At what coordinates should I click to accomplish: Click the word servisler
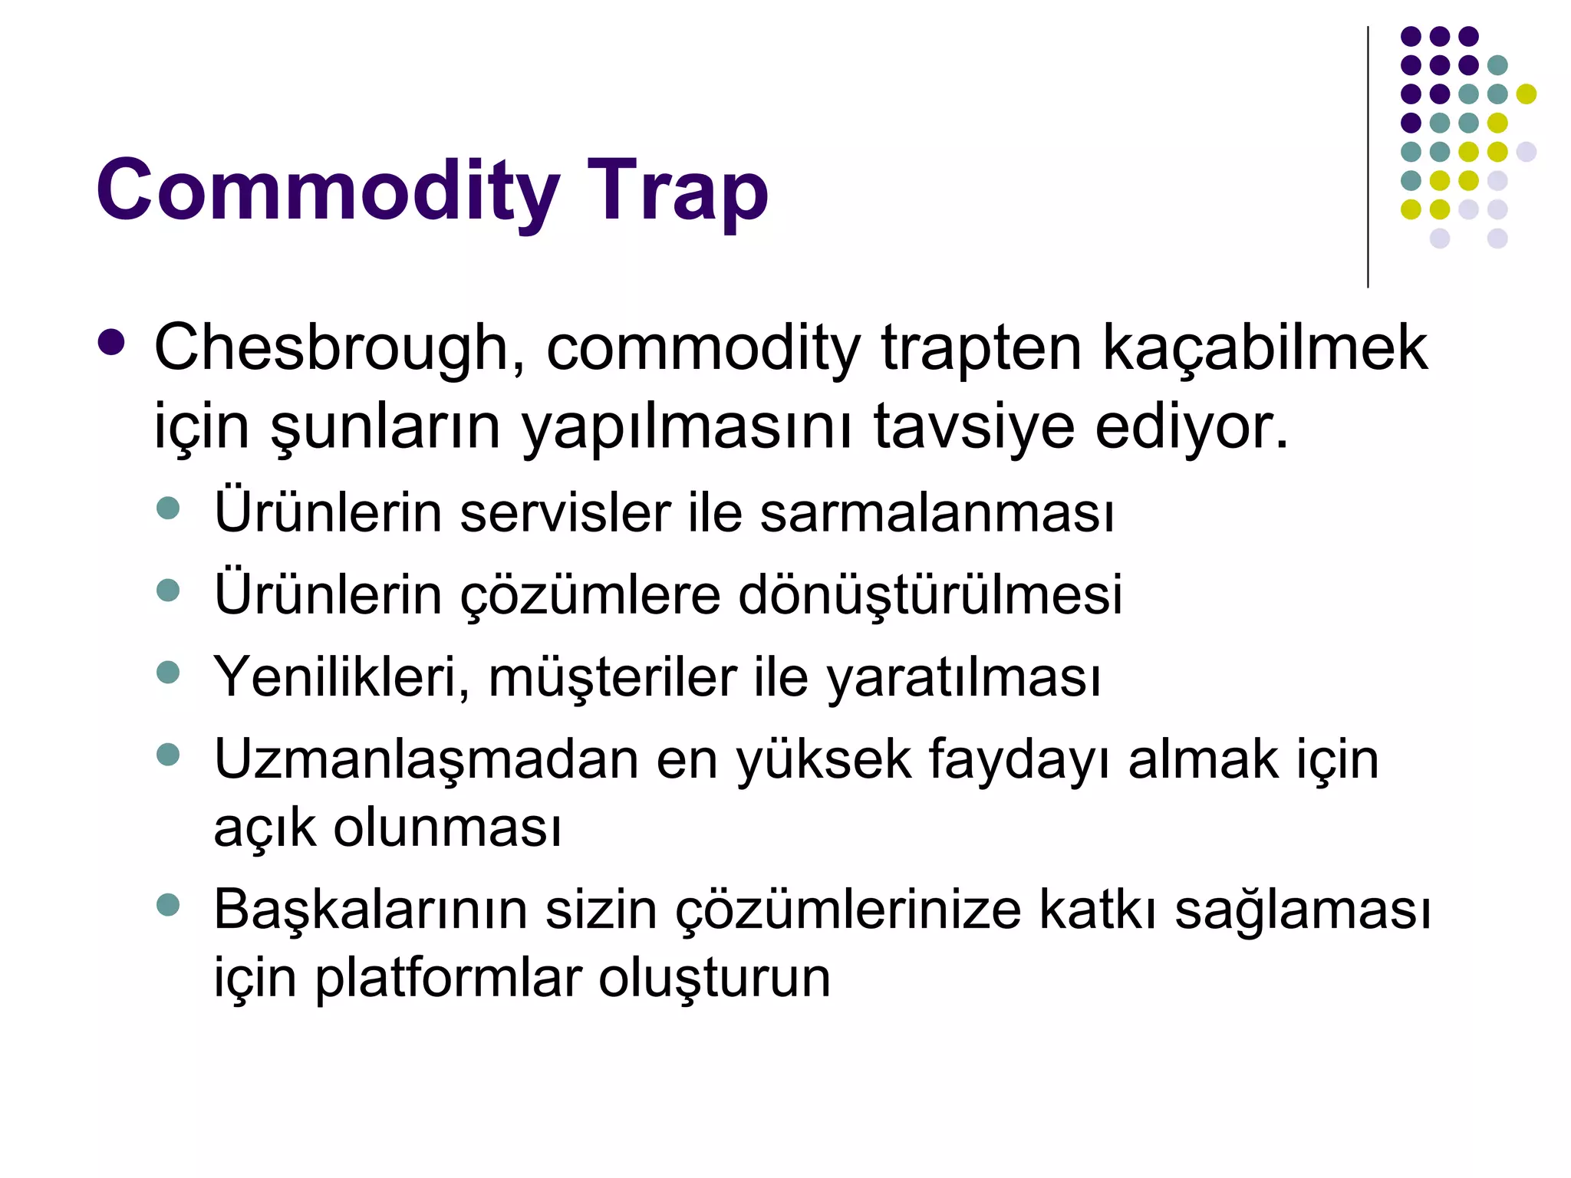(565, 512)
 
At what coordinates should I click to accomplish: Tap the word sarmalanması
(937, 512)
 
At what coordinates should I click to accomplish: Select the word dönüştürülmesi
(930, 594)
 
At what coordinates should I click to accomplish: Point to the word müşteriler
(612, 677)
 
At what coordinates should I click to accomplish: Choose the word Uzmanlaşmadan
(427, 759)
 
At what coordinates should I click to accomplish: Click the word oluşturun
(714, 978)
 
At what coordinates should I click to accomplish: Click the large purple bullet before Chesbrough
(111, 343)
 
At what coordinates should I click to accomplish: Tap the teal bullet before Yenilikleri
(167, 673)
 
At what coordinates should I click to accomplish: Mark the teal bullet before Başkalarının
(167, 905)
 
